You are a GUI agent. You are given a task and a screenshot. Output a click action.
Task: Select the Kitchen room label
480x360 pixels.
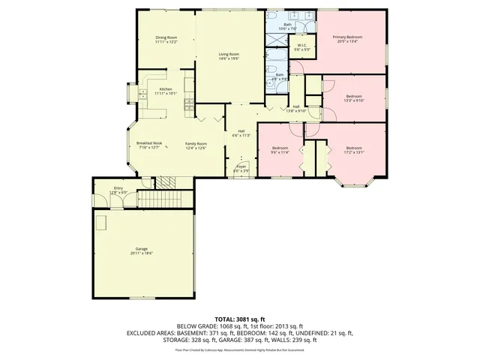(x=165, y=89)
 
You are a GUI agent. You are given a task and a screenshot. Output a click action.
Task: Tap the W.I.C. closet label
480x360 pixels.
(x=301, y=46)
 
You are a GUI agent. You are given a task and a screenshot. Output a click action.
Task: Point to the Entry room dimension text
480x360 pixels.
(x=118, y=193)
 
